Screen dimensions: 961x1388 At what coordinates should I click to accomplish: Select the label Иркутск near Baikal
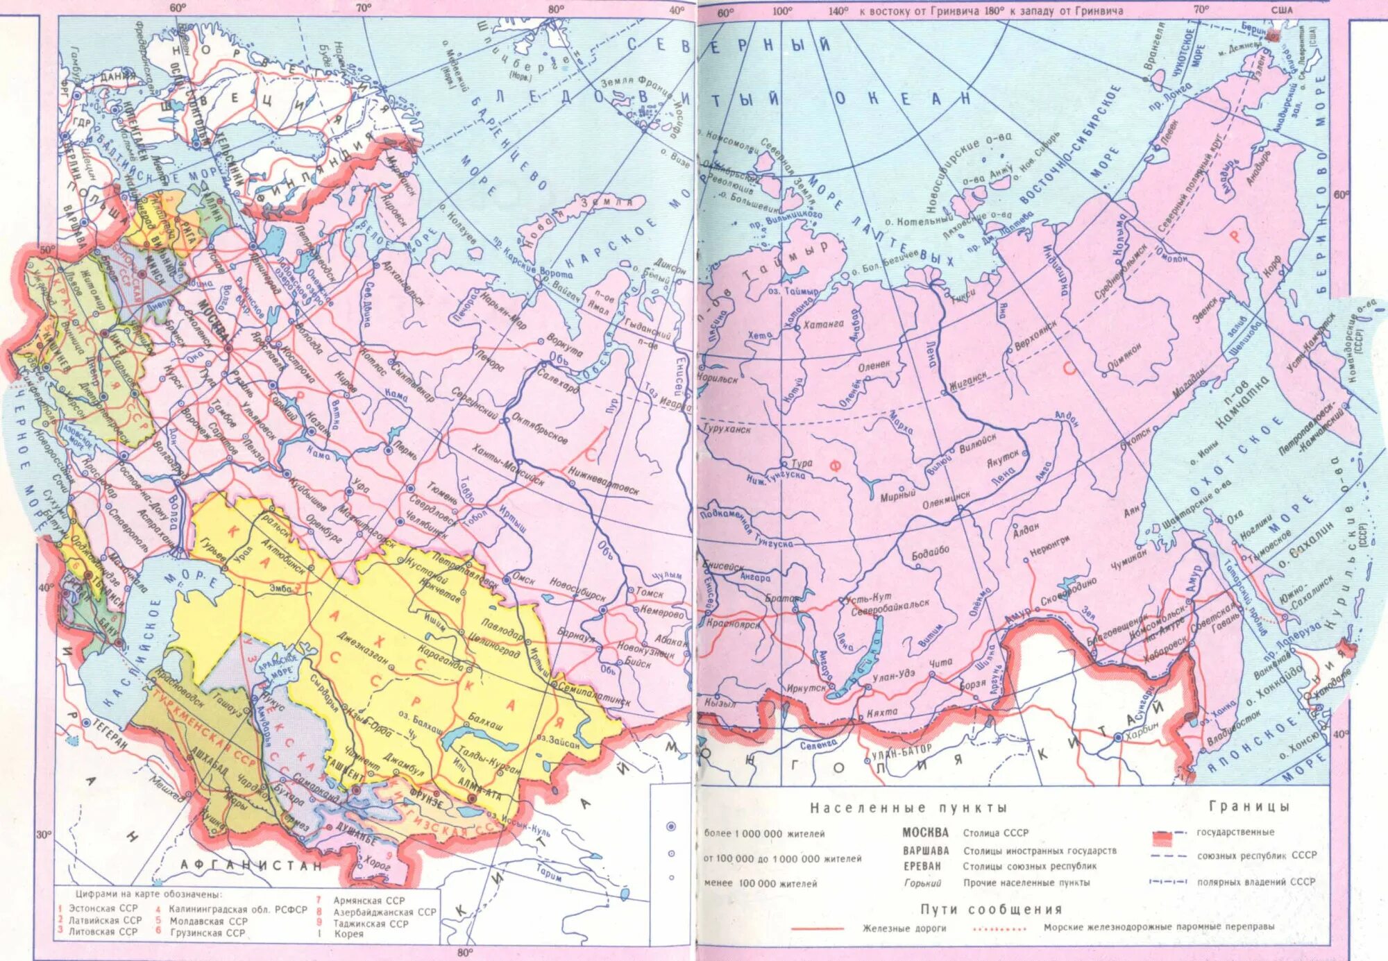click(806, 688)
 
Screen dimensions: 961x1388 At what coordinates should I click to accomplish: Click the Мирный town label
click(897, 495)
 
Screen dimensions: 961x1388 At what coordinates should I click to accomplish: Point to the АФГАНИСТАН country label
click(251, 865)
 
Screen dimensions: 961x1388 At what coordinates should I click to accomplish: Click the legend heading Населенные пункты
click(908, 808)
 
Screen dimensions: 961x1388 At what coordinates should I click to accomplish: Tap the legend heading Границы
click(1249, 806)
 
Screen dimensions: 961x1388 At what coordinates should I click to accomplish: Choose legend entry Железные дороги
click(904, 928)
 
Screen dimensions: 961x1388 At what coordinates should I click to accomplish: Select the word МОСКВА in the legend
click(925, 832)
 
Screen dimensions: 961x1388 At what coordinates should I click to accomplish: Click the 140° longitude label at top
click(838, 11)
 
